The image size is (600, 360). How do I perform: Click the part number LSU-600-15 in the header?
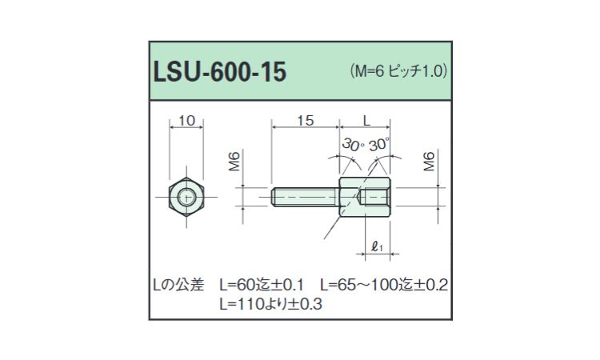point(220,72)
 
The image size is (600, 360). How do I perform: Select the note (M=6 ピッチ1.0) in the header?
point(398,71)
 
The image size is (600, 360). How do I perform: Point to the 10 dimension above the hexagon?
point(186,121)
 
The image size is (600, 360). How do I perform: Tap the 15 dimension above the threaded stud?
point(306,121)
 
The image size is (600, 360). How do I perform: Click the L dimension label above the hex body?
point(366,121)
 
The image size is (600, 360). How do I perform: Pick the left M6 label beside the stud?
point(234,161)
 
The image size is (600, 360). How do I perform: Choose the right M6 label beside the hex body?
point(429,161)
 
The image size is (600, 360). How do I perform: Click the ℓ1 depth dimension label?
point(378,246)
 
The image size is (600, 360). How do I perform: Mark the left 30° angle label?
point(353,145)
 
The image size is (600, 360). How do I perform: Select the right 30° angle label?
point(379,144)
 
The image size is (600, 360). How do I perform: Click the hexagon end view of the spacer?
point(186,197)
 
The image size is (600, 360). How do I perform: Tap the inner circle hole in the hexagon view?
point(186,198)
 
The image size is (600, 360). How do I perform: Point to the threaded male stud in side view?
point(306,197)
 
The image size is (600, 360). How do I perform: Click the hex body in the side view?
point(365,197)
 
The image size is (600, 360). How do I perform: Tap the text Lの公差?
point(178,285)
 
